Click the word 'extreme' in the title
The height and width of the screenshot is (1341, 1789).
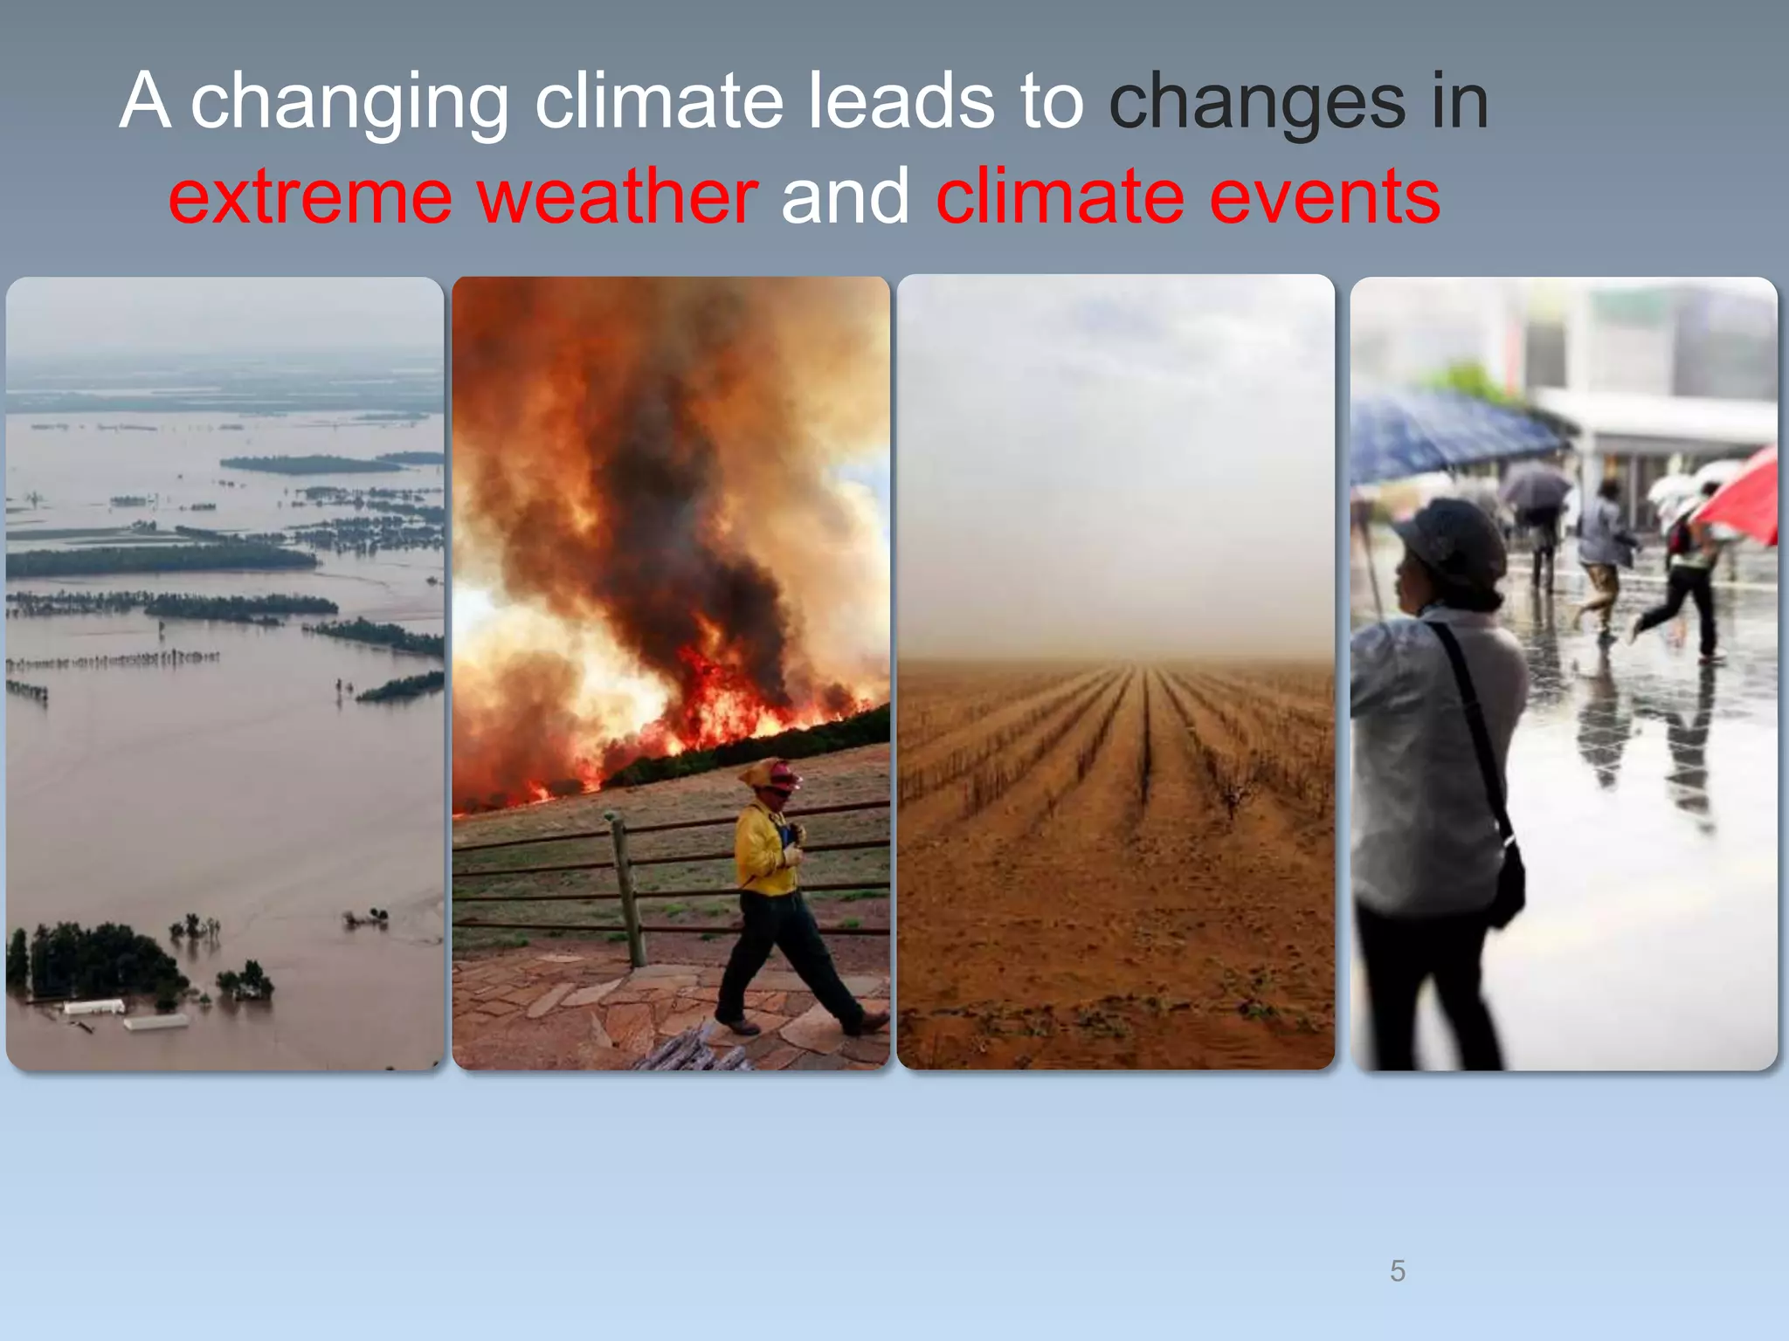coord(310,197)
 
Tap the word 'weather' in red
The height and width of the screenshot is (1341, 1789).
coord(618,197)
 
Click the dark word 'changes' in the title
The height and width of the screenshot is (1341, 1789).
coord(1257,103)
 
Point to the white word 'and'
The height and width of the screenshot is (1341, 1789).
coord(846,197)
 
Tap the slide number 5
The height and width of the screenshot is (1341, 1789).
coord(1398,1270)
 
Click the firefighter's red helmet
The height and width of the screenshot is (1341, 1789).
coord(781,774)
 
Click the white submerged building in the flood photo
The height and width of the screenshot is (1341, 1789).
coord(93,1007)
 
